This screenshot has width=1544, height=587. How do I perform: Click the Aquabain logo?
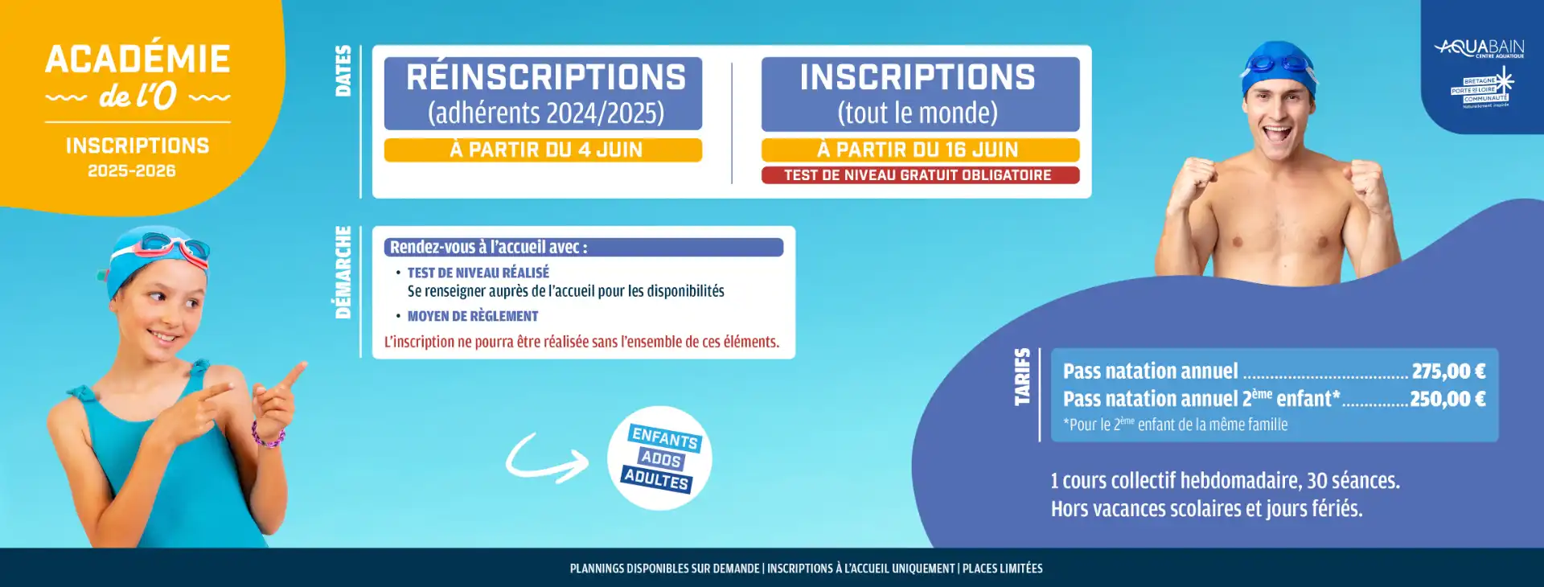tap(1479, 49)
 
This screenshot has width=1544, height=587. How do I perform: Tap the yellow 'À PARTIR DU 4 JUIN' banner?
tap(543, 150)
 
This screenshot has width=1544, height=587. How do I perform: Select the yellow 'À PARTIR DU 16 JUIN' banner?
tap(920, 150)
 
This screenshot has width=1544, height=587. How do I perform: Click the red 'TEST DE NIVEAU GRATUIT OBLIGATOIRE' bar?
tap(920, 175)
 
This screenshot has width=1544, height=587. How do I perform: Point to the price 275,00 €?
tap(1448, 371)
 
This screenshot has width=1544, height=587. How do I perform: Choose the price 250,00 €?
tap(1447, 399)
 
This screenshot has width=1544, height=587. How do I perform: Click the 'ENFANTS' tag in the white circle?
tap(665, 438)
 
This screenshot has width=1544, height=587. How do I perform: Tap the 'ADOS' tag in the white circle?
tap(661, 459)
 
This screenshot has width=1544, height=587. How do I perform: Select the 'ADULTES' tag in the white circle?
tap(657, 479)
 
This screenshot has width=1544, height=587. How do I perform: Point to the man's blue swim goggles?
tap(1281, 64)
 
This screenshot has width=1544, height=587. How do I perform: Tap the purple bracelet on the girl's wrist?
tap(267, 437)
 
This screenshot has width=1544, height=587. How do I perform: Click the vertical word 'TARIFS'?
tap(1022, 376)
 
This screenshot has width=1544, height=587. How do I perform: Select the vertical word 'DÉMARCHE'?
tap(343, 273)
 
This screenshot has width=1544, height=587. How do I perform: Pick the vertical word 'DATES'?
tap(343, 71)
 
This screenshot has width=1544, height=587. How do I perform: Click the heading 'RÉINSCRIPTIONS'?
tap(546, 77)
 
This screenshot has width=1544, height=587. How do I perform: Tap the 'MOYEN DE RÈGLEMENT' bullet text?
tap(473, 317)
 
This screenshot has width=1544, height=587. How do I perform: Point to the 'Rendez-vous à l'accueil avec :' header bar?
tap(584, 248)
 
